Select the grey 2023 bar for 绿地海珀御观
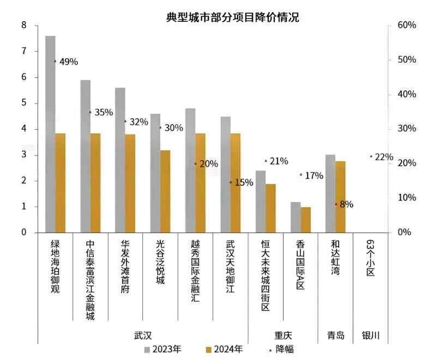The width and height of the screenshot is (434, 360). pyautogui.click(x=50, y=136)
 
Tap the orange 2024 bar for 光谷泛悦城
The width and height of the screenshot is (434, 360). pyautogui.click(x=165, y=191)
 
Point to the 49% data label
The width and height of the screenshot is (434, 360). pyautogui.click(x=69, y=62)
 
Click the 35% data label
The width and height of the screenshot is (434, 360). pyautogui.click(x=104, y=112)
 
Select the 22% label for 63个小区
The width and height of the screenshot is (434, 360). pyautogui.click(x=384, y=157)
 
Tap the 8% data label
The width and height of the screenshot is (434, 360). pyautogui.click(x=346, y=205)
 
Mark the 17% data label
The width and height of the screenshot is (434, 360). pyautogui.click(x=314, y=175)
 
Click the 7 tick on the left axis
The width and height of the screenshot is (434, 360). pyautogui.click(x=23, y=51)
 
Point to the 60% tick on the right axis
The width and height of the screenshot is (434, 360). pyautogui.click(x=407, y=25)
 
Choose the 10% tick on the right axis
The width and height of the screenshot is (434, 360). pyautogui.click(x=407, y=198)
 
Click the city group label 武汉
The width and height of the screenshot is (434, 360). pyautogui.click(x=143, y=335)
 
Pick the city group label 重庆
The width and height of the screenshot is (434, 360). pyautogui.click(x=282, y=335)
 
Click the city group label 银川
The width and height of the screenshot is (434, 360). pyautogui.click(x=370, y=335)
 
